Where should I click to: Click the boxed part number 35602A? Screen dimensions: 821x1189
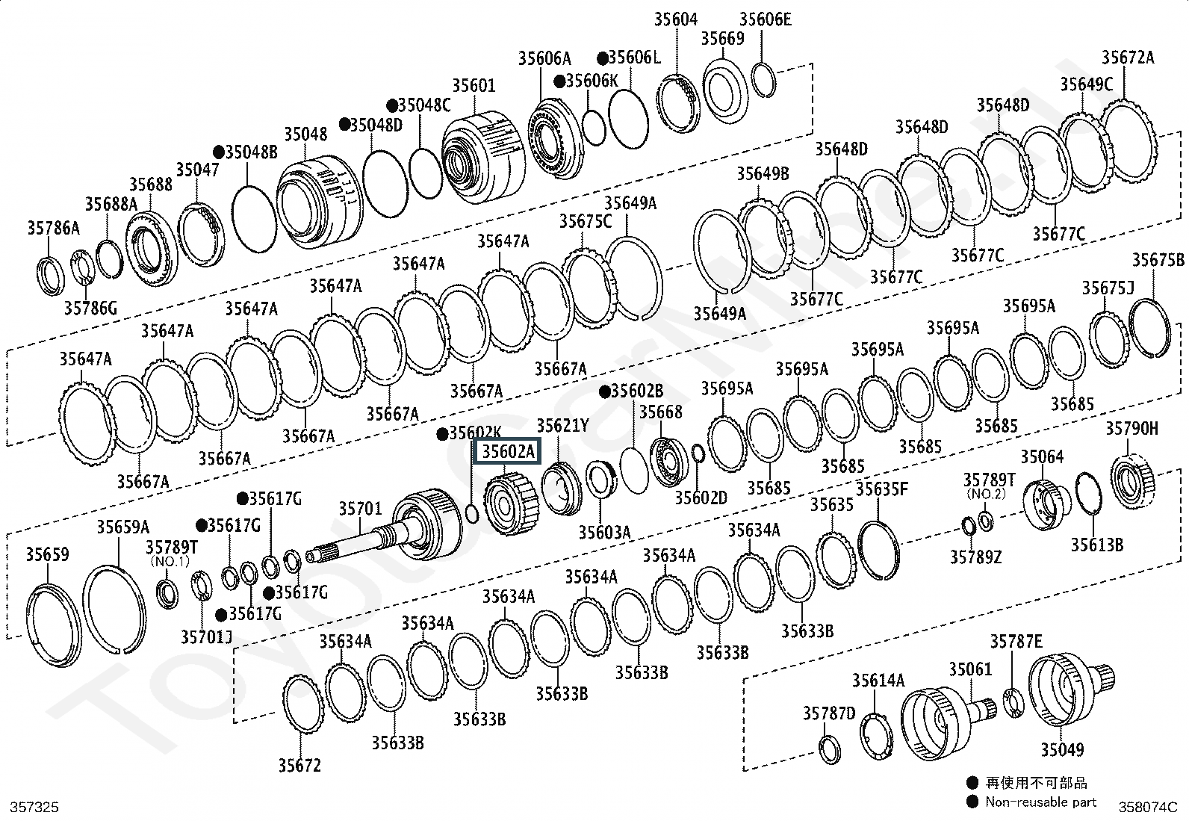click(x=508, y=452)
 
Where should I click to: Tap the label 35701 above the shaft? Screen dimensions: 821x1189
click(x=360, y=509)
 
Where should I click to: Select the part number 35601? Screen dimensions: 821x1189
click(x=474, y=86)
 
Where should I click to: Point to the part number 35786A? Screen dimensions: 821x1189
click(x=53, y=228)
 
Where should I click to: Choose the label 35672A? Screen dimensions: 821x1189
click(x=1128, y=58)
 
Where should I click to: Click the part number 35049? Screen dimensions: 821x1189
click(x=1062, y=749)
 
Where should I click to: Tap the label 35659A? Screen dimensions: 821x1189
click(x=122, y=527)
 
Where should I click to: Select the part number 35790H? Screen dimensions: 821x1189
click(x=1131, y=428)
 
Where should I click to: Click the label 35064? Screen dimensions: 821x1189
click(x=1042, y=456)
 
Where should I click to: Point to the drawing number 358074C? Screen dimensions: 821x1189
click(x=1148, y=807)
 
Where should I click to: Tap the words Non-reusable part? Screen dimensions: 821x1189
click(x=1041, y=802)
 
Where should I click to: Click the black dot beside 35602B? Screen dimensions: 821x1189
click(x=604, y=391)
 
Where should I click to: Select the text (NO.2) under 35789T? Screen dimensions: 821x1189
click(x=986, y=494)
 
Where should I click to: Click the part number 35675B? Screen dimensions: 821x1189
click(x=1158, y=260)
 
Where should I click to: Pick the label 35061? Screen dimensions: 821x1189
click(x=970, y=669)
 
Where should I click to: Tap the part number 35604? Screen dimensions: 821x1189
click(x=676, y=20)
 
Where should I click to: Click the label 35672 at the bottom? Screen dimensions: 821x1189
click(x=299, y=765)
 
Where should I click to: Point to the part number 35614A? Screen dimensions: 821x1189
click(x=878, y=680)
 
